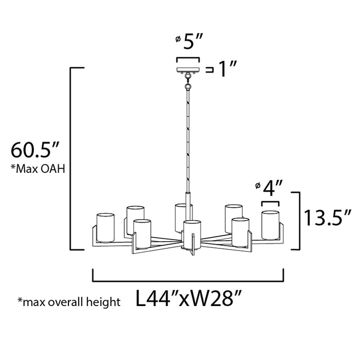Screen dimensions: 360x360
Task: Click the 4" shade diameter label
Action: pos(270,188)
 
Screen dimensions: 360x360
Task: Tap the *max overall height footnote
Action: pos(69,301)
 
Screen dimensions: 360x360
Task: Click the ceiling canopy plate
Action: pos(188,69)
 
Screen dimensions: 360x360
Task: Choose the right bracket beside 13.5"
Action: pos(298,220)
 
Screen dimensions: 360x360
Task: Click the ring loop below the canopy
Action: pos(189,79)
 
